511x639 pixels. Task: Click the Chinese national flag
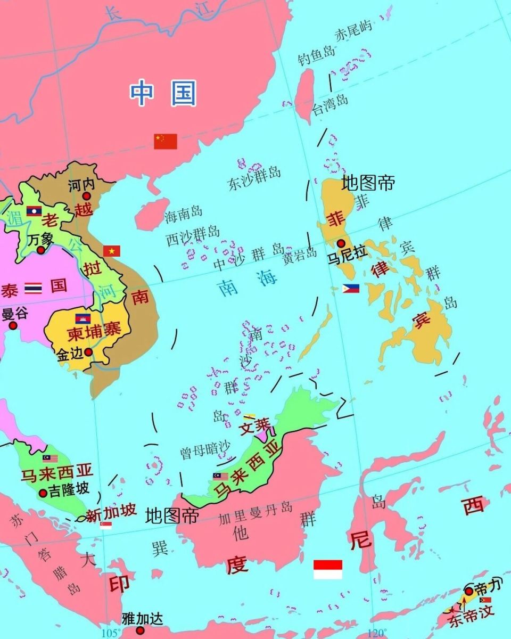166,141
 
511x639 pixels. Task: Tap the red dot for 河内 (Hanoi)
86,196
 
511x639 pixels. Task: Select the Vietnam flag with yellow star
112,251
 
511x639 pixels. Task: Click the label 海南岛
184,214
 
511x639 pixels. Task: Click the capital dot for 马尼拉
341,243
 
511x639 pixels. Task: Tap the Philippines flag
351,289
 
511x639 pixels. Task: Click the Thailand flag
33,289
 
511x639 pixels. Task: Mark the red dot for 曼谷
13,325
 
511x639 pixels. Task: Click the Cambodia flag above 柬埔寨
83,318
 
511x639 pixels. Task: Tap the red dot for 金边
88,351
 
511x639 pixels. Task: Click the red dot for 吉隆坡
43,494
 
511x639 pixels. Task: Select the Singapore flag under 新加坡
106,525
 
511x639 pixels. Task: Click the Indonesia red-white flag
327,569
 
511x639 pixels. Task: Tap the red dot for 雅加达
140,630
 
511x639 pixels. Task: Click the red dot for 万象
40,250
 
